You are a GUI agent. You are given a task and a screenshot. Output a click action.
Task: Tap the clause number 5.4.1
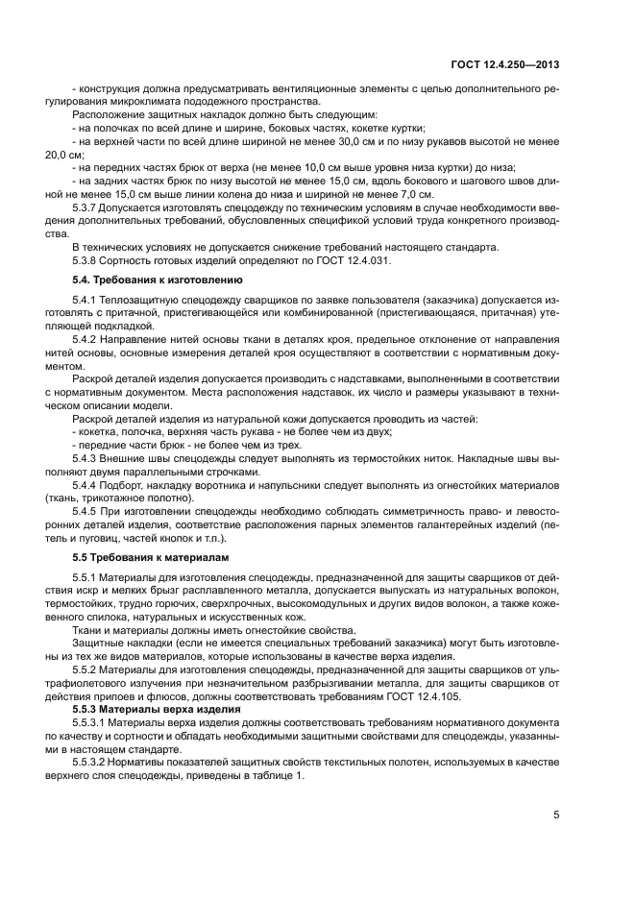[x=86, y=300]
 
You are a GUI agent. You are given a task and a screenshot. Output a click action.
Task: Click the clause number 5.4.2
[x=86, y=342]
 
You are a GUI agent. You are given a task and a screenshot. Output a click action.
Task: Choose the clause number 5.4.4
[x=86, y=485]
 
